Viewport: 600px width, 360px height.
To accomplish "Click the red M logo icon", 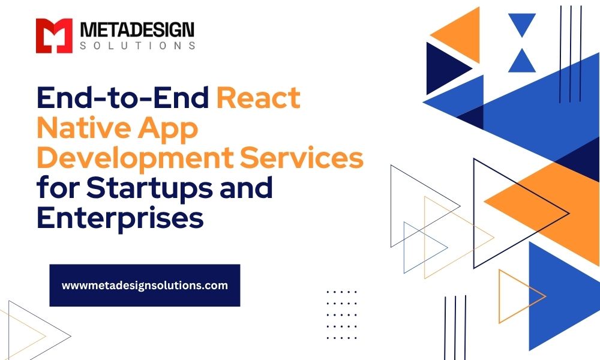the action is click(x=54, y=35).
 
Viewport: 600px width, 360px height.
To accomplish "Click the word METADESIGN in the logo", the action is click(x=137, y=30).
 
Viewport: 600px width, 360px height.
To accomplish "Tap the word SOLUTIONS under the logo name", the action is click(x=137, y=46).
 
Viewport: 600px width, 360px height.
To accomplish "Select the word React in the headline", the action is click(x=258, y=98).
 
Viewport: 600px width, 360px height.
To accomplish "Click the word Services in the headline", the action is click(x=302, y=158).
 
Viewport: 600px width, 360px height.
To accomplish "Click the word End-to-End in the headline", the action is click(x=123, y=98).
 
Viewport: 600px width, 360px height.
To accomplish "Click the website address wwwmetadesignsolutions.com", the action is click(x=145, y=286).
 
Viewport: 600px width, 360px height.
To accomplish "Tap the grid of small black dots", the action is click(x=342, y=315).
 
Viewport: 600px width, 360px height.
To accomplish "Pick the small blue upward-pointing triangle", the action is click(x=522, y=61).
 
